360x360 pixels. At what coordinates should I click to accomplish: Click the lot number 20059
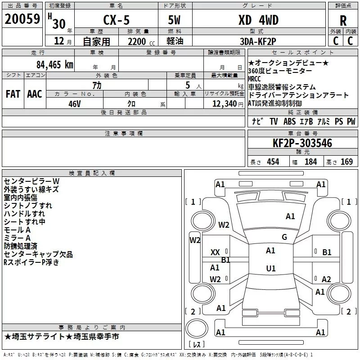coord(22,19)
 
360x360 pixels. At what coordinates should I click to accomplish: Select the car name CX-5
coord(117,20)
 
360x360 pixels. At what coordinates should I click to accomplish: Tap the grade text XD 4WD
coord(258,20)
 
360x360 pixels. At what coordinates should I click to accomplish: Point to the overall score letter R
coord(343,21)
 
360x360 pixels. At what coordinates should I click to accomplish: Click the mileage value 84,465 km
coord(55,65)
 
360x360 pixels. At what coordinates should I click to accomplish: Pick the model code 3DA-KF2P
coord(258,41)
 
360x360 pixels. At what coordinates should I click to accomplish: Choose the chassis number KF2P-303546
coord(302,143)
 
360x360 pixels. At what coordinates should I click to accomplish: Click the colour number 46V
coord(75,104)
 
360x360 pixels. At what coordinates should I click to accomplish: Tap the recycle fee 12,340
coord(225,104)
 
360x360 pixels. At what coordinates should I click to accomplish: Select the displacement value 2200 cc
coord(141,42)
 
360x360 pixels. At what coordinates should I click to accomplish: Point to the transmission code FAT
coord(13,94)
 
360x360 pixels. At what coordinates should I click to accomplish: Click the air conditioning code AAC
coord(35,94)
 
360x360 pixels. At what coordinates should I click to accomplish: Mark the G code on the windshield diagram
coord(284,237)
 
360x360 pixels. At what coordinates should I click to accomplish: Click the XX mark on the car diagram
coord(215,252)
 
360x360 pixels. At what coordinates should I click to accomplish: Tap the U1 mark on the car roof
coord(271,268)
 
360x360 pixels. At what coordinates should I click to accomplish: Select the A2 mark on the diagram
coord(326,279)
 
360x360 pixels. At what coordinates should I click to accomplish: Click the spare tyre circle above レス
coord(197,328)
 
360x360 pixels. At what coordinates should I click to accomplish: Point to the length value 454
coord(273,162)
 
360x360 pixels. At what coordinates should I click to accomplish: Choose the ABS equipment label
coord(289,121)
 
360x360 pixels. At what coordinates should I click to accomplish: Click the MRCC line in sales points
coord(254,79)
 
